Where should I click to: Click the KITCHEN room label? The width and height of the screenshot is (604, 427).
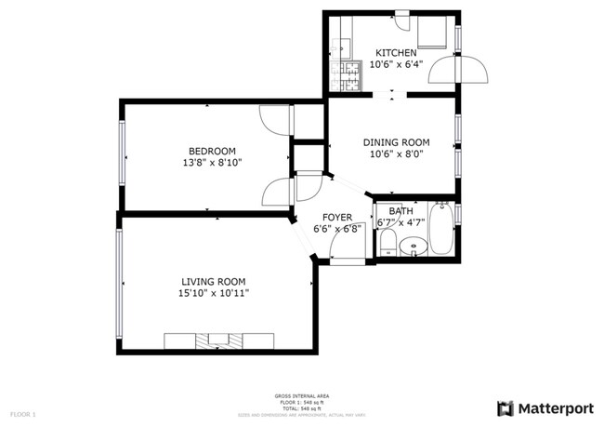click(x=395, y=53)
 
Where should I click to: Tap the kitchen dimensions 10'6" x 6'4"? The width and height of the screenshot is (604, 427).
click(x=395, y=65)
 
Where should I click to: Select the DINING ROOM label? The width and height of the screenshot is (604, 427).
click(x=395, y=142)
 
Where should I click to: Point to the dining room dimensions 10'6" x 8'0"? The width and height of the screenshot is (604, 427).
click(x=395, y=155)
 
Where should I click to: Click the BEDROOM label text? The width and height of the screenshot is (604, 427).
click(x=212, y=151)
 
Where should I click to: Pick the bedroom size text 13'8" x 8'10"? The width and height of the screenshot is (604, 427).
click(x=212, y=164)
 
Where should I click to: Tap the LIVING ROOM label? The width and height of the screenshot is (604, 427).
click(x=213, y=281)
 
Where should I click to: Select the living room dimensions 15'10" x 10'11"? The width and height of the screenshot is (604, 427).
click(x=213, y=293)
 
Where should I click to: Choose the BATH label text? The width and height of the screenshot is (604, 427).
click(x=401, y=211)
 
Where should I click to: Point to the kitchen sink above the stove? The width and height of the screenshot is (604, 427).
click(x=344, y=43)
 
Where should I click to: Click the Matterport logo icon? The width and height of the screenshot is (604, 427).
click(x=506, y=407)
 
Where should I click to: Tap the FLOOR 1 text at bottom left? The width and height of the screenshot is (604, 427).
click(x=22, y=413)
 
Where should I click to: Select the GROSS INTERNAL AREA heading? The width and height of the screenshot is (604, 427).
click(x=301, y=394)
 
